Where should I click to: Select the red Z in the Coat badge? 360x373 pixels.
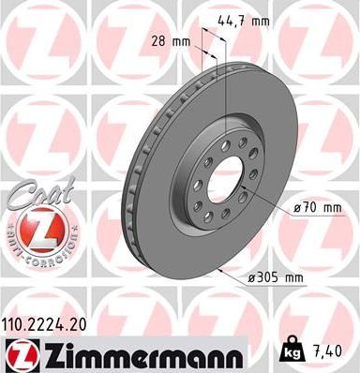35,226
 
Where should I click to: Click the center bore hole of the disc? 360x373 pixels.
221,175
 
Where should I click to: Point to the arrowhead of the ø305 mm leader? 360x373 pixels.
218,270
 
